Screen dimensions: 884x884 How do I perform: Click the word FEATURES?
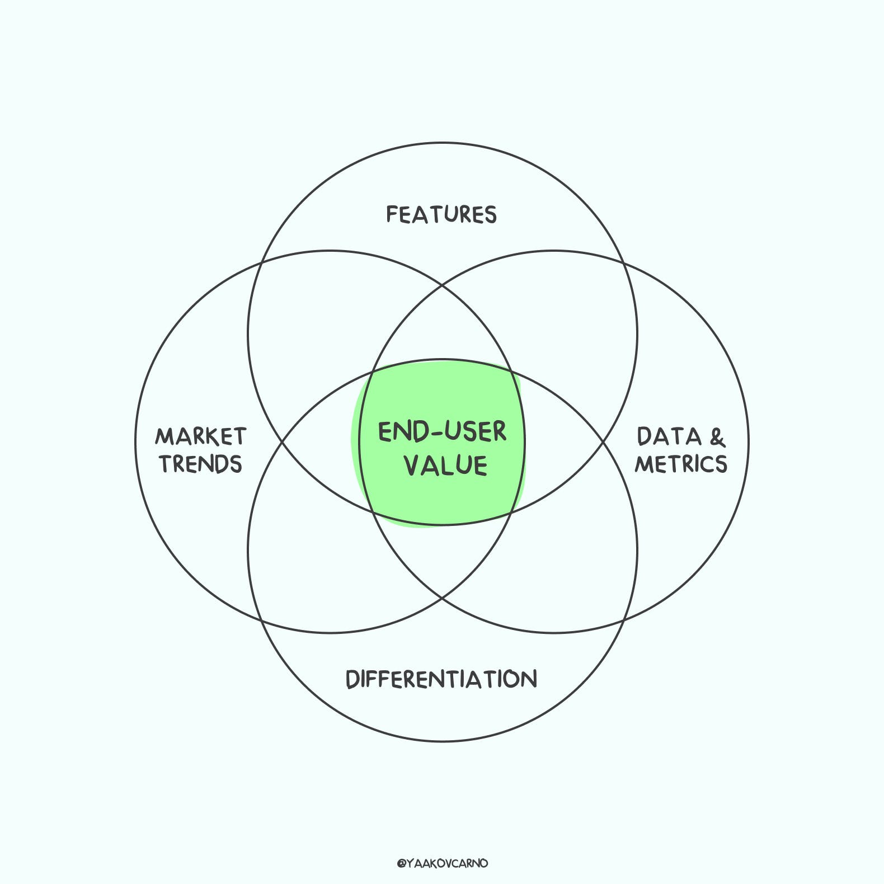[441, 215]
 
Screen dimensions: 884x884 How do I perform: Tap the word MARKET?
[201, 436]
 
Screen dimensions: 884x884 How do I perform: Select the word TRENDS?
[201, 464]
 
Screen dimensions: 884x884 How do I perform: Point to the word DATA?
[669, 436]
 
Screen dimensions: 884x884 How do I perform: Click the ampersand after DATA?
[717, 437]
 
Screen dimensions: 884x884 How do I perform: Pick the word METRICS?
[681, 464]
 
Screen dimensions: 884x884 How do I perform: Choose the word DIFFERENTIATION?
[441, 679]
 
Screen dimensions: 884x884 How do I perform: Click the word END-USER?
[442, 432]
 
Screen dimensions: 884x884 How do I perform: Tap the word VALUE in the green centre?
[445, 465]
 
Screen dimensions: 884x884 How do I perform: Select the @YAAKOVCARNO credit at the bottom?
[442, 863]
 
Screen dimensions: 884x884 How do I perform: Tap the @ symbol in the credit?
[401, 864]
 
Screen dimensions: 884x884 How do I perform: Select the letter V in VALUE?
[413, 465]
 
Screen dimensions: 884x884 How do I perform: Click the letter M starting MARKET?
[166, 436]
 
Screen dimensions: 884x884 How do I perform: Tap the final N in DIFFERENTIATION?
[528, 679]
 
